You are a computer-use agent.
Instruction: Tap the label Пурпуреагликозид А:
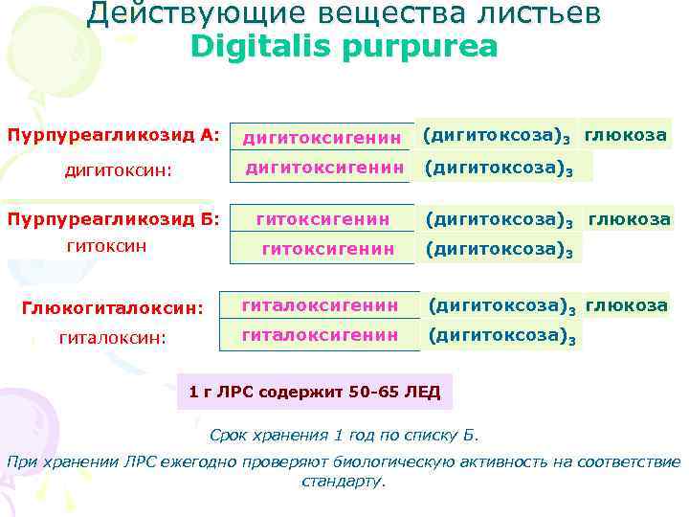(114, 134)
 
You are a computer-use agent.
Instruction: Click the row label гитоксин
(106, 246)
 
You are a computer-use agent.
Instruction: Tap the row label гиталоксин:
(113, 337)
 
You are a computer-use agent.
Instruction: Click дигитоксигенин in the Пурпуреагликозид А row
(322, 138)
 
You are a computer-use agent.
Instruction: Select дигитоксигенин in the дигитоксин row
(322, 169)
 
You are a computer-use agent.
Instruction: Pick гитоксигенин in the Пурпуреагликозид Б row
(322, 219)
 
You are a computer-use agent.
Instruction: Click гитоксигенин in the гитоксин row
(328, 249)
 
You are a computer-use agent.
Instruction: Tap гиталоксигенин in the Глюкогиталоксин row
(320, 305)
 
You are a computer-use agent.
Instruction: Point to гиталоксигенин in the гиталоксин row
(320, 335)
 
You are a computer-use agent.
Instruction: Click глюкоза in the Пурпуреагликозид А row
(626, 135)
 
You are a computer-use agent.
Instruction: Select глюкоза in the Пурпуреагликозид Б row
(629, 218)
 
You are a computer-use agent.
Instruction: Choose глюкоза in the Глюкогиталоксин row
(626, 305)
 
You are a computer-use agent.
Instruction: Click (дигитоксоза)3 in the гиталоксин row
(502, 336)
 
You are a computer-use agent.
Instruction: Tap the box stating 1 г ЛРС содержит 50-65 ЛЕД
(316, 392)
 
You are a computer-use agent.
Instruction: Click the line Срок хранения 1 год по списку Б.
(344, 436)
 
